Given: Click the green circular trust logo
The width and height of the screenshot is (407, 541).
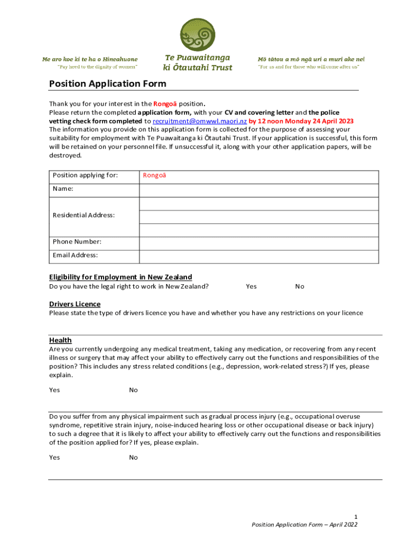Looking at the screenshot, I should point(198,35).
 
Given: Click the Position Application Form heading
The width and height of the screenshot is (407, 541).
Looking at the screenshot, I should point(107,83).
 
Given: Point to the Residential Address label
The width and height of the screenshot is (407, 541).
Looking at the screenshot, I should point(84,215).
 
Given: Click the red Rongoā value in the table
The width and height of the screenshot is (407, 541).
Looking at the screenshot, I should point(154,175).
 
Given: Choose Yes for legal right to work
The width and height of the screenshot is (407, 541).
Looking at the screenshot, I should point(251,286).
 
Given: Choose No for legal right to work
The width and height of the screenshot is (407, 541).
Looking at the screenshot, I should point(300,286).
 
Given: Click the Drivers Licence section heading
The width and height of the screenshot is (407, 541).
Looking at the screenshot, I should point(75,304).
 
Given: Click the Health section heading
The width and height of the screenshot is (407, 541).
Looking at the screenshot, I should point(60,340).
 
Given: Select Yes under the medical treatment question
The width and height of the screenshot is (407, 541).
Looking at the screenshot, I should point(54,390).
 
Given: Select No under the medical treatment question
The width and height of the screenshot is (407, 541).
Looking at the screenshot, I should point(133,390).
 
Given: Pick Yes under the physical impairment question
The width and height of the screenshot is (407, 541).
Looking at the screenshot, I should point(54,458).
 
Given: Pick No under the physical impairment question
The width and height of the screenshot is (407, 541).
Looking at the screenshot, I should point(133,458).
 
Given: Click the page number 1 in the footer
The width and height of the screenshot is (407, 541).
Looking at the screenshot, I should point(356,516).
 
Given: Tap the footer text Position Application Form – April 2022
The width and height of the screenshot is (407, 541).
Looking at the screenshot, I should point(305,525).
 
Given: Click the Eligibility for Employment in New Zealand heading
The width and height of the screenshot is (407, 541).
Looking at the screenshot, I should point(121,277).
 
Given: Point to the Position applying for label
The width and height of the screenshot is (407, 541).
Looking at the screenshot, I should point(85,175).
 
